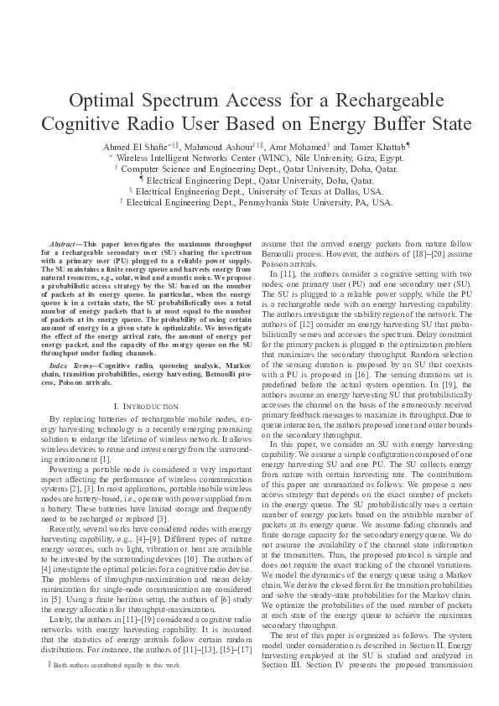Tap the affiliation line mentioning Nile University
click(249, 157)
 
